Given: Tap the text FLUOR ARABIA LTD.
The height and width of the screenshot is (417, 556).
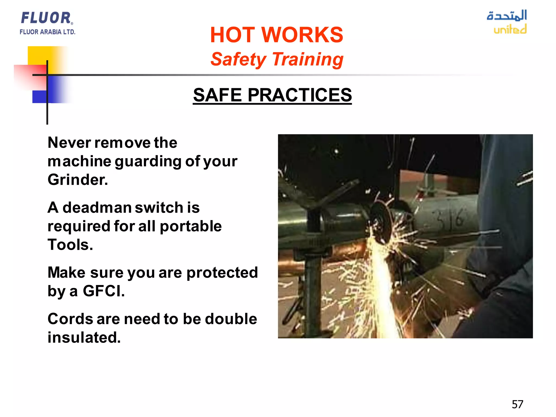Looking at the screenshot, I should click(48, 32).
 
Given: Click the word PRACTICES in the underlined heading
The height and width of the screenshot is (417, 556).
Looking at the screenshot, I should click(299, 95).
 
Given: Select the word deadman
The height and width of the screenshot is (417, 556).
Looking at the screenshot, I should click(97, 208).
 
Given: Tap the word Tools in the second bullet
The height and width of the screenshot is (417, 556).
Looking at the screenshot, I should click(70, 245).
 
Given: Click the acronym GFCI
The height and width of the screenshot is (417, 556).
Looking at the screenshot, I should click(103, 291).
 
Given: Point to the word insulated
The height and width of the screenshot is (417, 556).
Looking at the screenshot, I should click(84, 337).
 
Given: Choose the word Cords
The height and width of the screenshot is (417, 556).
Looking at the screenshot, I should click(70, 319).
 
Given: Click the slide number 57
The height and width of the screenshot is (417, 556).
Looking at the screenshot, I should click(517, 405).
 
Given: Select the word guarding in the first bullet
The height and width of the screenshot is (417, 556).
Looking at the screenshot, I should click(148, 162).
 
